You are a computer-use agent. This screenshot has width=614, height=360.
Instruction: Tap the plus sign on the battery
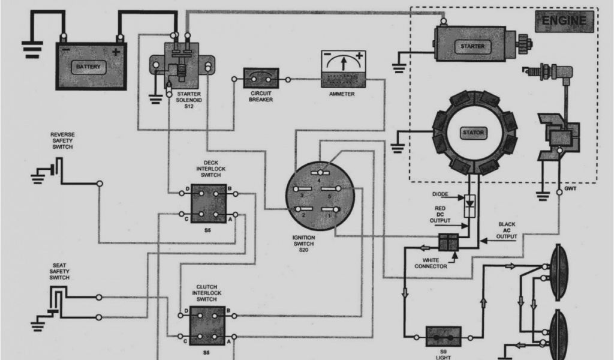[x=115, y=52]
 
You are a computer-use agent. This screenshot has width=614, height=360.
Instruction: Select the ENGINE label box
[x=564, y=21]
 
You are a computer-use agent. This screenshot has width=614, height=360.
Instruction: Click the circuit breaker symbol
[x=261, y=79]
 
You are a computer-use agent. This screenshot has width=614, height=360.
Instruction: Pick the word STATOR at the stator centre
[x=474, y=133]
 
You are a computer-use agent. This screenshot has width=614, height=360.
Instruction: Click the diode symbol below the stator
[x=470, y=202]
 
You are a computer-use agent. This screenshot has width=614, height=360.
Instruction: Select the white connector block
[x=449, y=242]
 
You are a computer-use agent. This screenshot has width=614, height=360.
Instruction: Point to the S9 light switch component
[x=443, y=336]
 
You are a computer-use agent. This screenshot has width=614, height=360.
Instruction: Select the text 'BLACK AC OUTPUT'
[x=507, y=230]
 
